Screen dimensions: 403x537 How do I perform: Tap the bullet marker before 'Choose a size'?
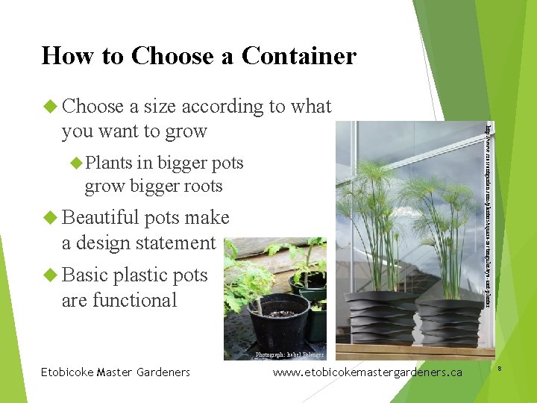(50, 107)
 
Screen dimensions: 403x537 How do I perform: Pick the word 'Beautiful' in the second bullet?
(101, 218)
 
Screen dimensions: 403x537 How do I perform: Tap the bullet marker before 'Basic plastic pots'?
(50, 275)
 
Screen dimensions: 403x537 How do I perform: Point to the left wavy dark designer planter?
(380, 318)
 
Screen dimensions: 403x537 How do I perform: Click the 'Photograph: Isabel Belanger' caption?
(286, 356)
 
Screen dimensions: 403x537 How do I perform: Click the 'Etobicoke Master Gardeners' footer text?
(116, 372)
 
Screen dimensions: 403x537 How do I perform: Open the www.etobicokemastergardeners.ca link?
(368, 372)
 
